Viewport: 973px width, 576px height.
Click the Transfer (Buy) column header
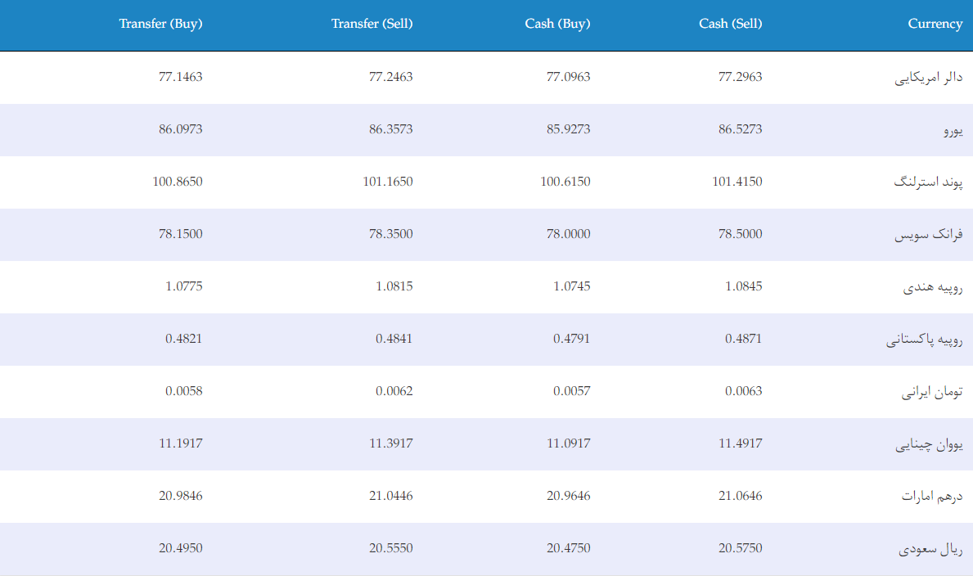[160, 24]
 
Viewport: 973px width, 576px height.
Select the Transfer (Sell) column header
[372, 24]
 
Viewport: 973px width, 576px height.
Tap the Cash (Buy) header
[557, 24]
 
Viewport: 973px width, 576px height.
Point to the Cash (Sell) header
[731, 24]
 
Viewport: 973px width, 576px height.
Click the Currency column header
[935, 24]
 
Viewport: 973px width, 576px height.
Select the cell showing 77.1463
[181, 77]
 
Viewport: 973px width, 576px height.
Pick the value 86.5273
[741, 129]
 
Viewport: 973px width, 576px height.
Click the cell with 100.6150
[565, 182]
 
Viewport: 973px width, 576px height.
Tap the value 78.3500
[391, 234]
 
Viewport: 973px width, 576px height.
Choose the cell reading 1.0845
[743, 286]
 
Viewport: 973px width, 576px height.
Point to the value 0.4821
[183, 339]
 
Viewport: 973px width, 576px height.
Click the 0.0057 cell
[571, 391]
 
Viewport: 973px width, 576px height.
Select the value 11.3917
[391, 443]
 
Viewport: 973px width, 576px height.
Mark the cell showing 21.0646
[741, 496]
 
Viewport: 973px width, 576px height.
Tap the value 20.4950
[181, 548]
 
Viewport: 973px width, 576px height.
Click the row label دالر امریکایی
[928, 78]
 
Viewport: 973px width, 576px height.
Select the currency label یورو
[953, 130]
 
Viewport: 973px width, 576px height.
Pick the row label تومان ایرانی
[932, 392]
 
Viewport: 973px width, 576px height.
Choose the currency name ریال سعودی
[930, 549]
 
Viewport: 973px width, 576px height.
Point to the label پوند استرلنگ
[928, 182]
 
